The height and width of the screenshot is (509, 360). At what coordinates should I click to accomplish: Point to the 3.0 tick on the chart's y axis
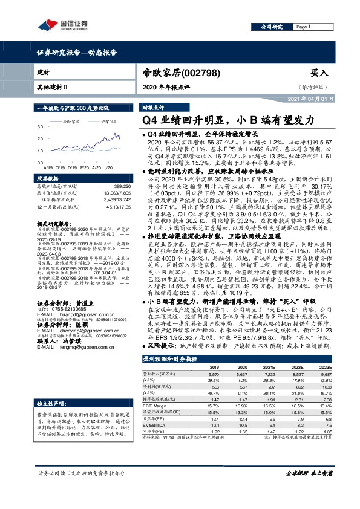point(41,128)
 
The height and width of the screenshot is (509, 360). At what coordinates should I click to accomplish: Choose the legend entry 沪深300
point(109,122)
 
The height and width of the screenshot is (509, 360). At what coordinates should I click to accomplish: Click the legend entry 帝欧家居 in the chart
point(73,122)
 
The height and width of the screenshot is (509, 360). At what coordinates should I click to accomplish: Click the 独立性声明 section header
point(50,385)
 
